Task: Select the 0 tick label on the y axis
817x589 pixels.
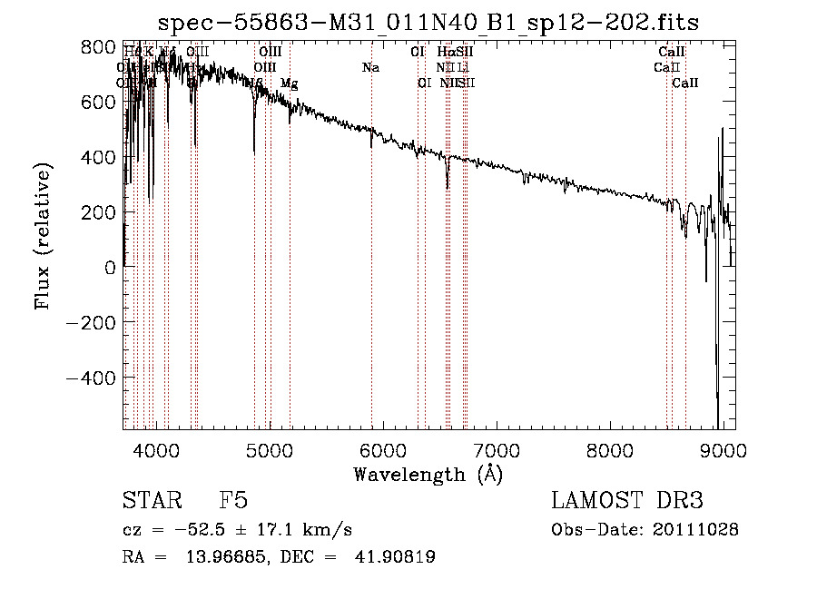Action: (109, 268)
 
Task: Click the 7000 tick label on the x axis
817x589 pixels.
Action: (497, 449)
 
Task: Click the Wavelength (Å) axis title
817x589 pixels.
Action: (428, 474)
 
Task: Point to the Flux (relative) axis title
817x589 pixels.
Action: (43, 236)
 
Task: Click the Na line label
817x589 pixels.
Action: (370, 67)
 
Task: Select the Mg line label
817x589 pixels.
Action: (289, 83)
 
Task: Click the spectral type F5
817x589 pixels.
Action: (233, 501)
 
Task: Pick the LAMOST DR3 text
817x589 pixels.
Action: (627, 501)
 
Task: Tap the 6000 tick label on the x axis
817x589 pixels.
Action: (383, 449)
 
